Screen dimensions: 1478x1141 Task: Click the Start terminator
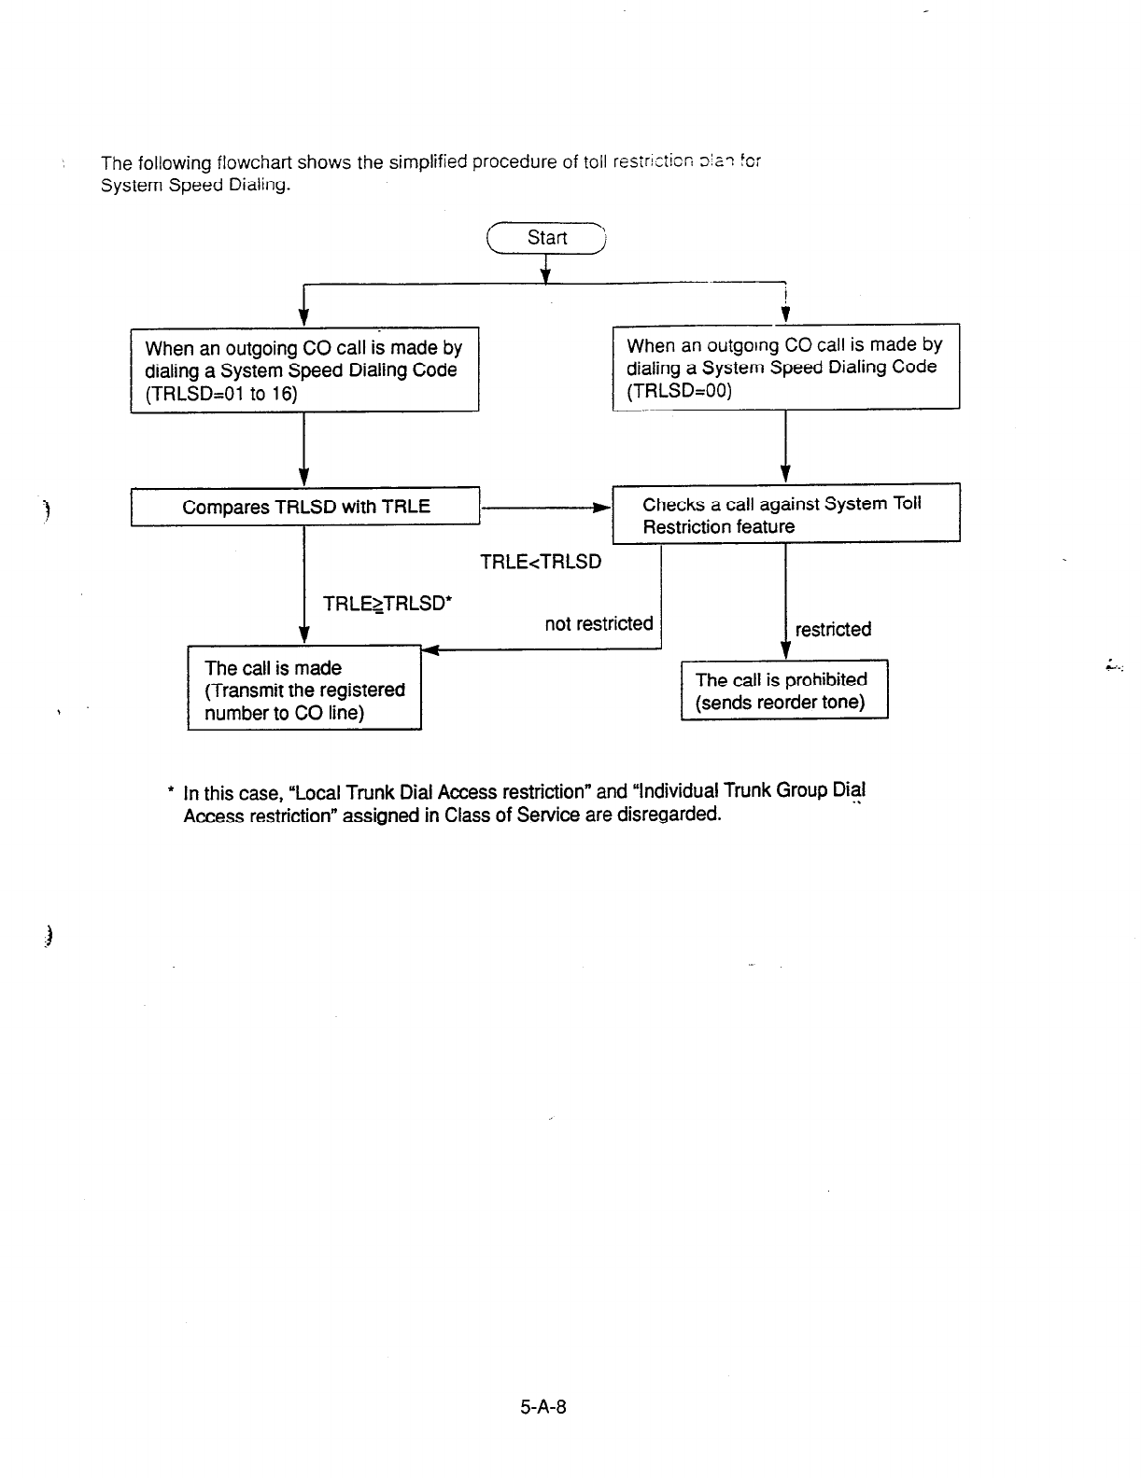coord(547,238)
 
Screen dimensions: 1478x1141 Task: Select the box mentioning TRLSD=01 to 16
coord(304,370)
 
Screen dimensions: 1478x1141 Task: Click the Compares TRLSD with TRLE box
coord(304,507)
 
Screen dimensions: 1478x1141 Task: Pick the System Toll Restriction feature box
coord(785,514)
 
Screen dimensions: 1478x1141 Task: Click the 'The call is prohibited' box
coord(783,690)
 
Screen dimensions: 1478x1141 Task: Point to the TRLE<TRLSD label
coord(541,562)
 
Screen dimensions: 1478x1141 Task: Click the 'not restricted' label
coord(599,623)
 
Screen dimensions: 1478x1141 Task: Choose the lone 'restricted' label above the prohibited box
coord(833,629)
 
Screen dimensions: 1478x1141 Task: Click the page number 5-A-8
coord(543,1406)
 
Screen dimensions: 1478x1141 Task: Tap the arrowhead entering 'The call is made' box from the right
coord(429,650)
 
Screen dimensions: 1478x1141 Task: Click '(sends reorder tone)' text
coord(781,702)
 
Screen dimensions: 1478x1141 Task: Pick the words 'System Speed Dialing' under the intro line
coord(195,185)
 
